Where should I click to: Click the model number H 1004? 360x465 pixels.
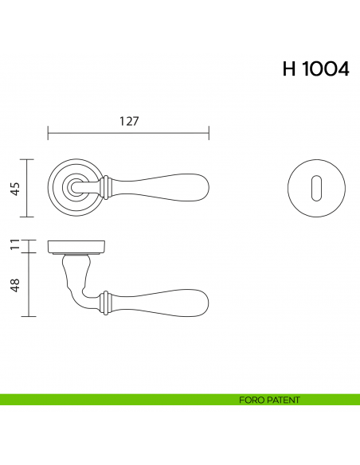pyautogui.click(x=315, y=69)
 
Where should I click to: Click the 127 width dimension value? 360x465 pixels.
pyautogui.click(x=129, y=122)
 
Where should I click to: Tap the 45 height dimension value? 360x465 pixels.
pyautogui.click(x=14, y=189)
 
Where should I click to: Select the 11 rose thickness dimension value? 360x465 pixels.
pyautogui.click(x=14, y=245)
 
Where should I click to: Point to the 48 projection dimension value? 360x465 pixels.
pyautogui.click(x=14, y=284)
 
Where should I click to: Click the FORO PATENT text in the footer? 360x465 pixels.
pyautogui.click(x=269, y=400)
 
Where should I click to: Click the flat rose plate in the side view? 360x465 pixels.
pyautogui.click(x=77, y=245)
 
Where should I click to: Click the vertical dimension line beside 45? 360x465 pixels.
pyautogui.click(x=29, y=189)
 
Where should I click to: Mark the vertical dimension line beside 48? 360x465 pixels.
pyautogui.click(x=29, y=284)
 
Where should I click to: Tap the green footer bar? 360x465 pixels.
pyautogui.click(x=119, y=400)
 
